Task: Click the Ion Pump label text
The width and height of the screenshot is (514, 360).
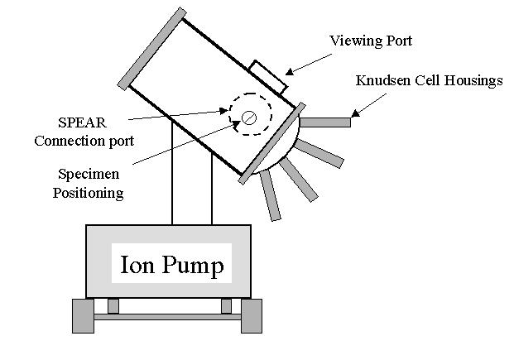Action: coord(172,266)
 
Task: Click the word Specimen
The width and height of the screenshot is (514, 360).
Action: coord(87,175)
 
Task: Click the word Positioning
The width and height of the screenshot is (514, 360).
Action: coord(90,193)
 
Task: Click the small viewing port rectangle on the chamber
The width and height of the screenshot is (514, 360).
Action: coord(268,76)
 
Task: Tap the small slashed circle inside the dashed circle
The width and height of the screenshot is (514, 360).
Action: coord(248,118)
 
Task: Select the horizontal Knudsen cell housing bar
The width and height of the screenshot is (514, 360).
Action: coord(325,122)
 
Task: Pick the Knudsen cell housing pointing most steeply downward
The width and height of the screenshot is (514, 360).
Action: coord(270,198)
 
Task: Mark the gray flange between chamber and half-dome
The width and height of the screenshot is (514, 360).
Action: coord(273,142)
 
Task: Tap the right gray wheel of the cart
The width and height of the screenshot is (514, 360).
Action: coord(251,315)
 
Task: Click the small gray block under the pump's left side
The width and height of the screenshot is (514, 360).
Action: coord(113,305)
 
